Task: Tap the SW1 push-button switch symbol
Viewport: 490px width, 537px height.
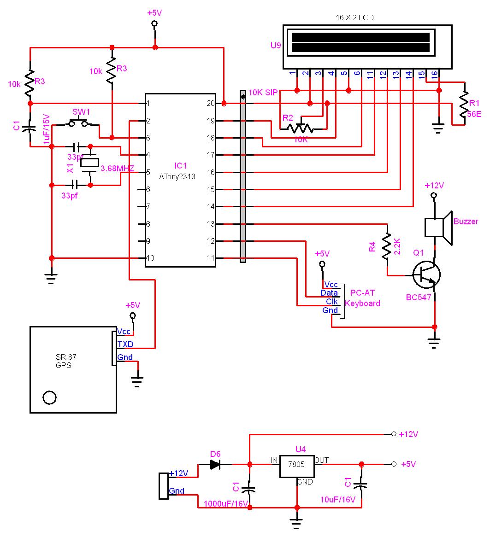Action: (x=78, y=123)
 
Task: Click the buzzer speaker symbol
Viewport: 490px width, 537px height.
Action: (x=438, y=227)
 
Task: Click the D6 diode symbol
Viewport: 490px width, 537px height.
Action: (x=215, y=464)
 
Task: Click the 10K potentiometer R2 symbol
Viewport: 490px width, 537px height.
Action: (x=300, y=127)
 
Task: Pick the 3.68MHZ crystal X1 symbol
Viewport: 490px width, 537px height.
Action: (x=90, y=162)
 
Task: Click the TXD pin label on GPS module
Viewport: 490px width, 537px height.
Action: (x=125, y=344)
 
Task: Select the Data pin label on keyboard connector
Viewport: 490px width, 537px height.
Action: (x=329, y=293)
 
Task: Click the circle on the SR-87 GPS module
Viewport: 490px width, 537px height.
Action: (x=49, y=397)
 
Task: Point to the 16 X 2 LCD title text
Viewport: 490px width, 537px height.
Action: (x=354, y=18)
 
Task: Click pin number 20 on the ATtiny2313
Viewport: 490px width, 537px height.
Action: (x=211, y=103)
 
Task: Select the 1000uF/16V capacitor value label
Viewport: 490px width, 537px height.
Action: (x=226, y=503)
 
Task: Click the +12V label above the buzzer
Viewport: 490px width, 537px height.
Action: (x=434, y=186)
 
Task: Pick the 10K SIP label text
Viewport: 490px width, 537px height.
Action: (x=263, y=93)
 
